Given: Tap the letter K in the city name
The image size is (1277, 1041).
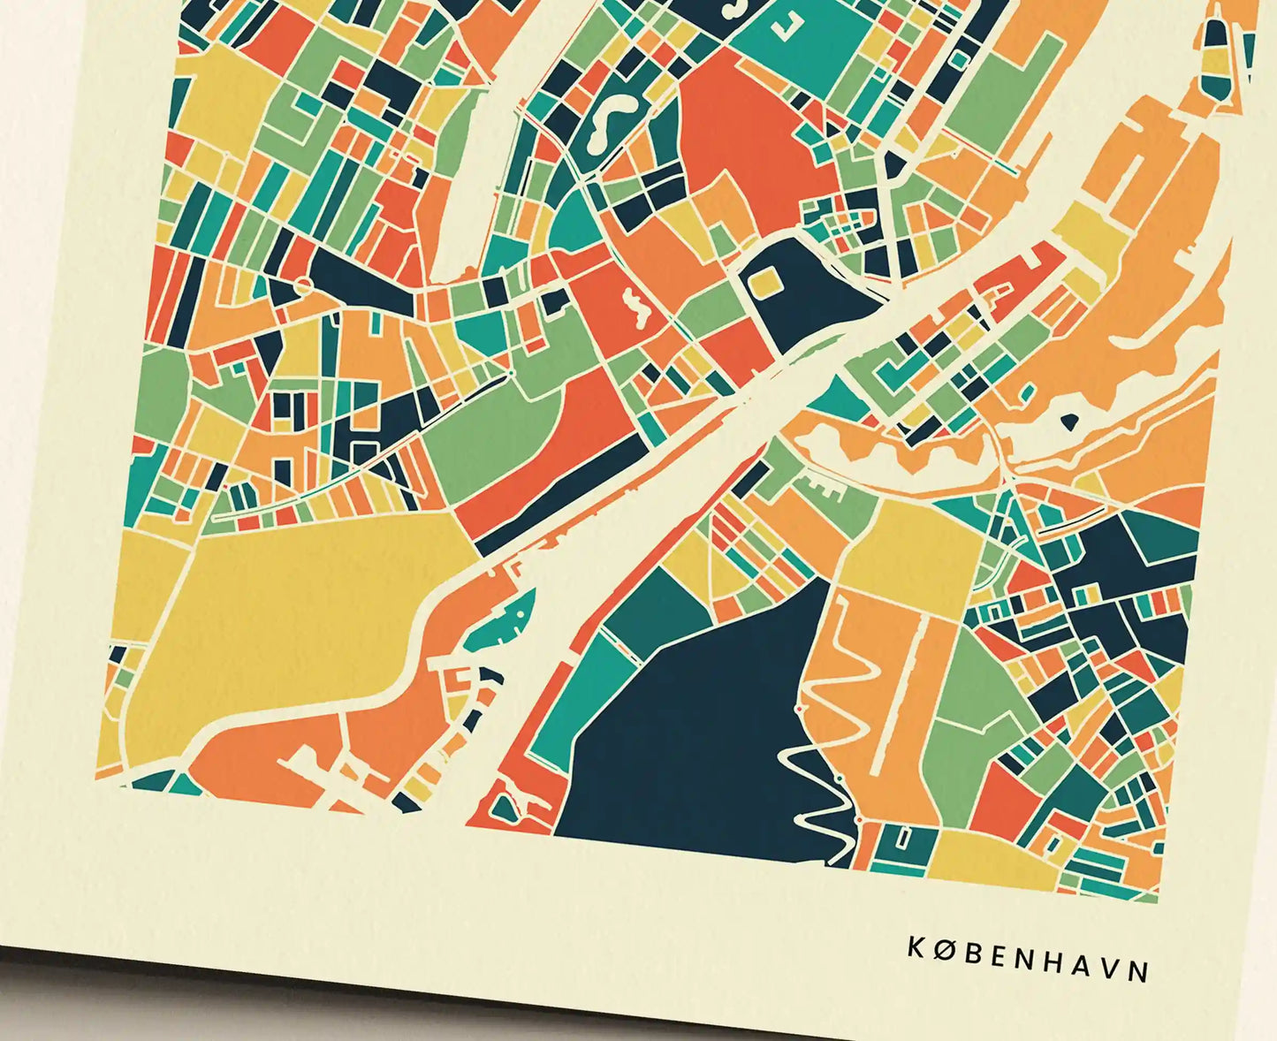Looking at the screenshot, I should click(x=916, y=947).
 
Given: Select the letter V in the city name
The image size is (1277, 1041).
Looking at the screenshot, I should click(x=1111, y=969).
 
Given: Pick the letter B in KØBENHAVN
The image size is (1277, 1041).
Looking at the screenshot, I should click(x=971, y=954).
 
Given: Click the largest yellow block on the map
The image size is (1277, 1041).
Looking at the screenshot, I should click(x=283, y=610).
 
